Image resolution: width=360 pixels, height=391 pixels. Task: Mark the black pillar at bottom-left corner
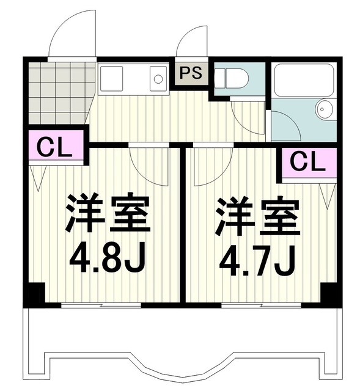click(x=34, y=294)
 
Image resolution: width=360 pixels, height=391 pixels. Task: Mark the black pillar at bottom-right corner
click(x=330, y=294)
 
